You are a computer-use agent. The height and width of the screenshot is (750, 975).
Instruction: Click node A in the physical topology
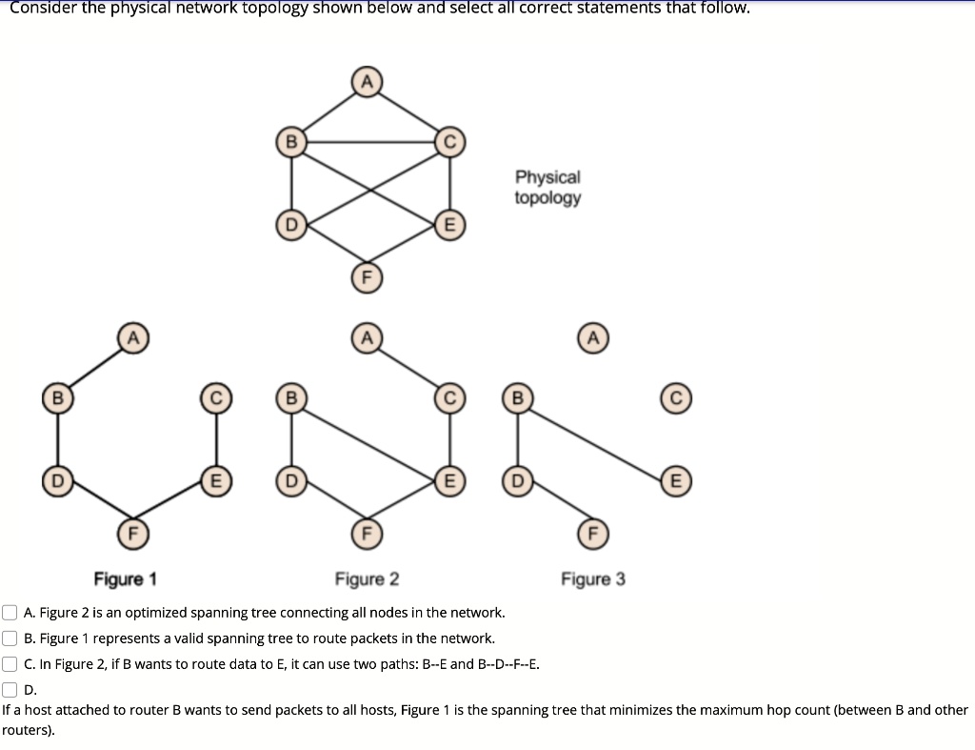pos(366,82)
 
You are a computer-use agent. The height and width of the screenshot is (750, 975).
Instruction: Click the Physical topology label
pos(547,188)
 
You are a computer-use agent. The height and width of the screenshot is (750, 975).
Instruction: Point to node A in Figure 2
pos(366,337)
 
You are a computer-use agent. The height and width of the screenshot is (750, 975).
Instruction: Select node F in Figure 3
pos(591,533)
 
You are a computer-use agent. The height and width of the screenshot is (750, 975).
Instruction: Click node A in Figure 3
pos(592,337)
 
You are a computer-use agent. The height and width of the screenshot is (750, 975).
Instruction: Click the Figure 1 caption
pos(126,579)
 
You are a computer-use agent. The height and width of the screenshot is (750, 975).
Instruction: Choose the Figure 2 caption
pos(367,579)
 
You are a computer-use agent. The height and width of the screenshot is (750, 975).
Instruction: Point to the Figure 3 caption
pos(593,579)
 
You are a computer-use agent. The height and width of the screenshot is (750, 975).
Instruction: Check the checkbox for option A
pos(10,612)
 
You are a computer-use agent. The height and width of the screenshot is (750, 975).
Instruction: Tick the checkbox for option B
pos(10,638)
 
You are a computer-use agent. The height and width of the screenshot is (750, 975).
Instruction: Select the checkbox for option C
pos(10,664)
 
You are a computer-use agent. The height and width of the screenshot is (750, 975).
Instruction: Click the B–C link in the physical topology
pos(371,143)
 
